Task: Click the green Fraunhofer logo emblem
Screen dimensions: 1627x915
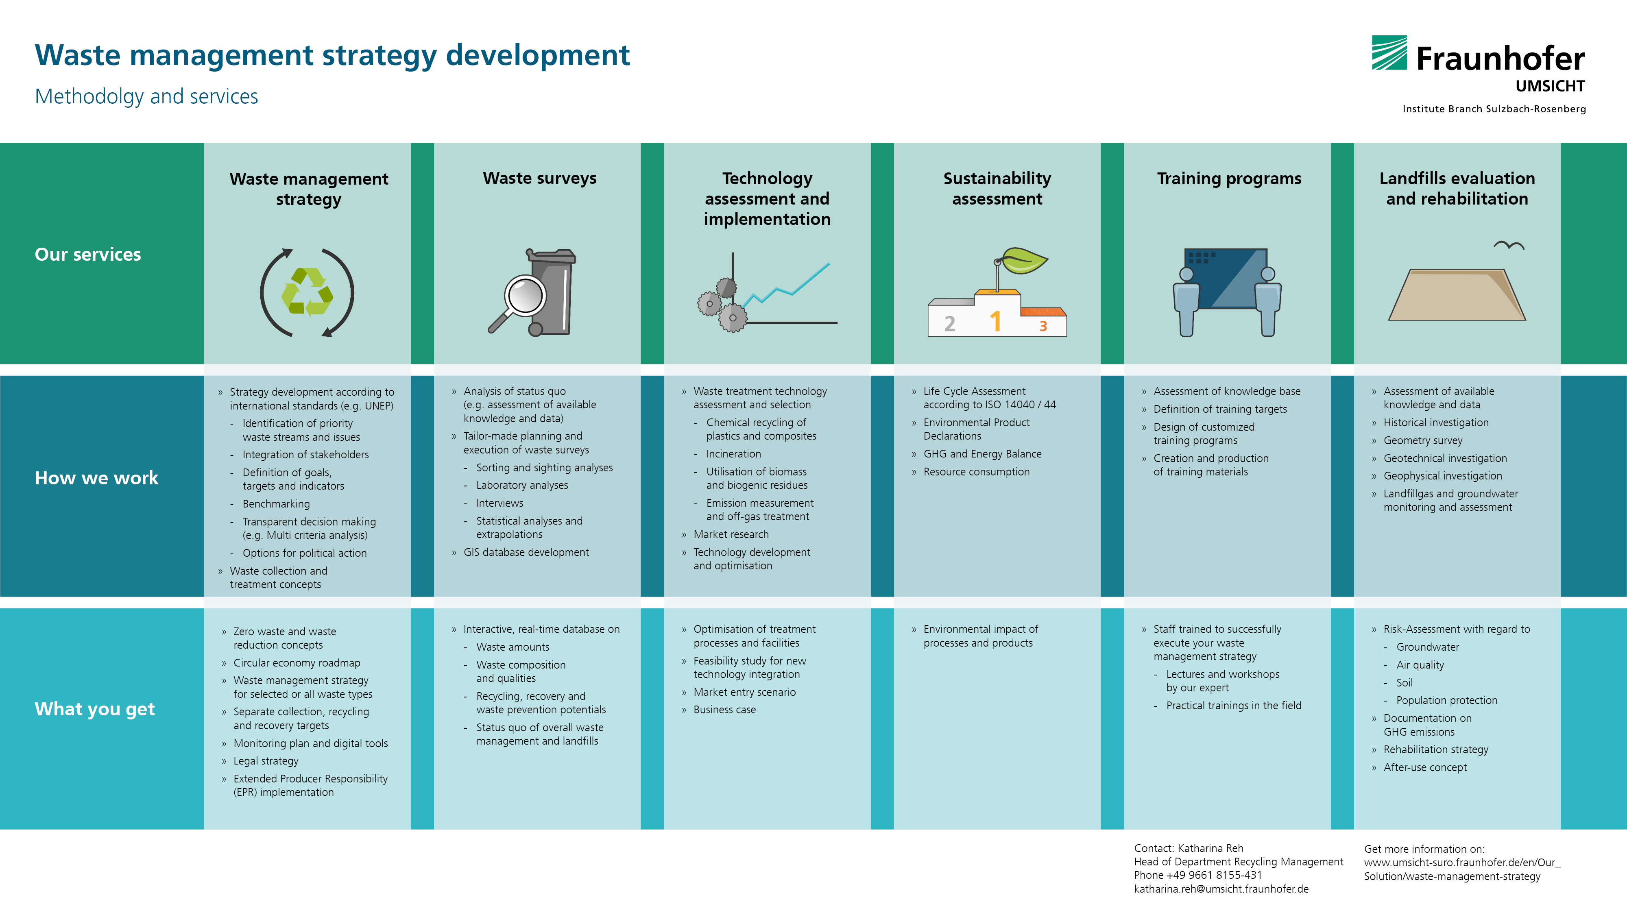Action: (x=1389, y=52)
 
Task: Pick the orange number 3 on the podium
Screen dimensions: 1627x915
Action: (x=1043, y=326)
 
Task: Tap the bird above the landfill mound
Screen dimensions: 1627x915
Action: (x=1509, y=245)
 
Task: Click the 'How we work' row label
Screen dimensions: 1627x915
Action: (x=97, y=477)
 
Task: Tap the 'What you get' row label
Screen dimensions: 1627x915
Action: (x=95, y=709)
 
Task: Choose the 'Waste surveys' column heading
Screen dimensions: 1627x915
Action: (x=539, y=179)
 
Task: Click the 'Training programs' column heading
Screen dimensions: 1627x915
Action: (x=1229, y=179)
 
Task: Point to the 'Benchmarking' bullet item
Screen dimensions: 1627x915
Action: (x=276, y=504)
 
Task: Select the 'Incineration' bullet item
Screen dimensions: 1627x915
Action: (x=733, y=453)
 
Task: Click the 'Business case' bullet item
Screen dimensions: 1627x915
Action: (x=724, y=710)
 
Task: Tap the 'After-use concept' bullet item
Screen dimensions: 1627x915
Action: (x=1425, y=767)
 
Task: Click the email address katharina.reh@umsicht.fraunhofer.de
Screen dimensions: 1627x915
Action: (x=1221, y=889)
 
